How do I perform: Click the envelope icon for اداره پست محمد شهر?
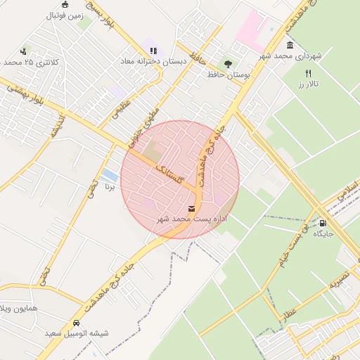[191, 209]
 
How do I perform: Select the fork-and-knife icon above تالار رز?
[307, 73]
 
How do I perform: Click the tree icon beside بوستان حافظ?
[226, 62]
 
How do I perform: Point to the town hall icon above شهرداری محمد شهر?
[290, 45]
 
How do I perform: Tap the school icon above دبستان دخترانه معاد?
[153, 51]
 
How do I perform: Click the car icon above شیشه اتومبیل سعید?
[76, 323]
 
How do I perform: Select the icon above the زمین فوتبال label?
[65, 4]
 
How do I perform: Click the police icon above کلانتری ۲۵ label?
[23, 51]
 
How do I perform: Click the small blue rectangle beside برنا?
[110, 174]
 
